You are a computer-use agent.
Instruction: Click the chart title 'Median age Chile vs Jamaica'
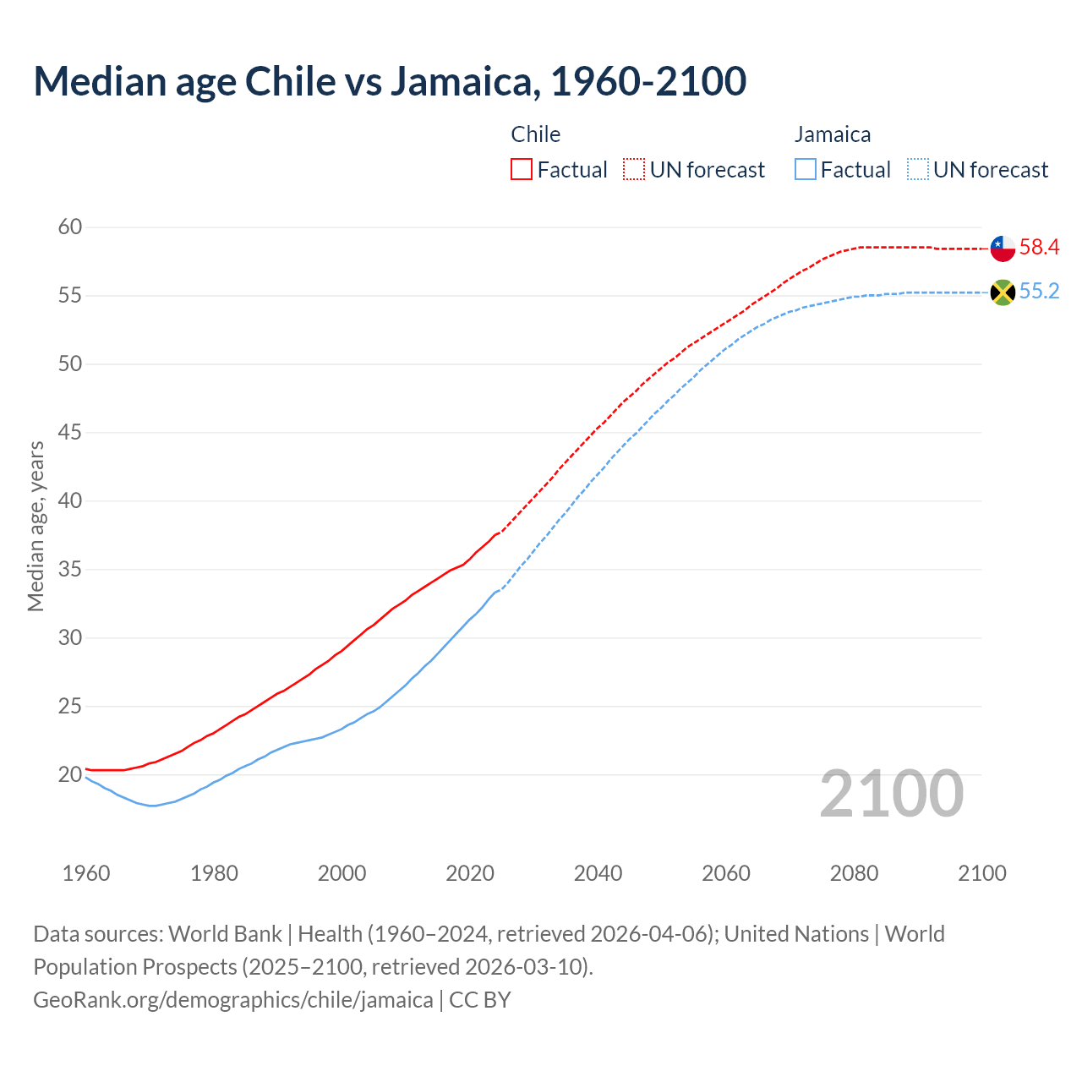[x=390, y=81]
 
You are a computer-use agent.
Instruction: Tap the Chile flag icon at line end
[x=1003, y=248]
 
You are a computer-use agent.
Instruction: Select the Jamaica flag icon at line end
[x=1003, y=292]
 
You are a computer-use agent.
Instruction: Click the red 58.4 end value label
[x=1039, y=247]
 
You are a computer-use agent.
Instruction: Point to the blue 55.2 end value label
[x=1039, y=292]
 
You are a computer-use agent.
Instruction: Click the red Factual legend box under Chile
[x=522, y=170]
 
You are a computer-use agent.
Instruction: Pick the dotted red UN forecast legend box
[x=634, y=170]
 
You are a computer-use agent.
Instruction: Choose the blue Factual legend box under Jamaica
[x=806, y=170]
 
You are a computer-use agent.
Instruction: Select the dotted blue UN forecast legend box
[x=918, y=170]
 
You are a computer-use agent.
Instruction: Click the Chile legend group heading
[x=536, y=134]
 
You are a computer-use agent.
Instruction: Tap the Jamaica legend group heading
[x=833, y=134]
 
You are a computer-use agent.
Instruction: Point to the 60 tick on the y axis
[x=70, y=227]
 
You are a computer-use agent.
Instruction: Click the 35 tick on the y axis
[x=70, y=569]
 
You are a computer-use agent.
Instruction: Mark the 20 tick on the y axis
[x=70, y=774]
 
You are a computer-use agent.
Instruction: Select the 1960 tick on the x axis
[x=86, y=873]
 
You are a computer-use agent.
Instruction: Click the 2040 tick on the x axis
[x=598, y=873]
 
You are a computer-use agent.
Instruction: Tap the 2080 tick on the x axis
[x=854, y=873]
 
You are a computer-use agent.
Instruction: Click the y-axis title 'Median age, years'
[x=36, y=526]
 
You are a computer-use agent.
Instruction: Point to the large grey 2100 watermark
[x=891, y=794]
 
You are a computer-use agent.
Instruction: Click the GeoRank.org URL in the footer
[x=232, y=1000]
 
